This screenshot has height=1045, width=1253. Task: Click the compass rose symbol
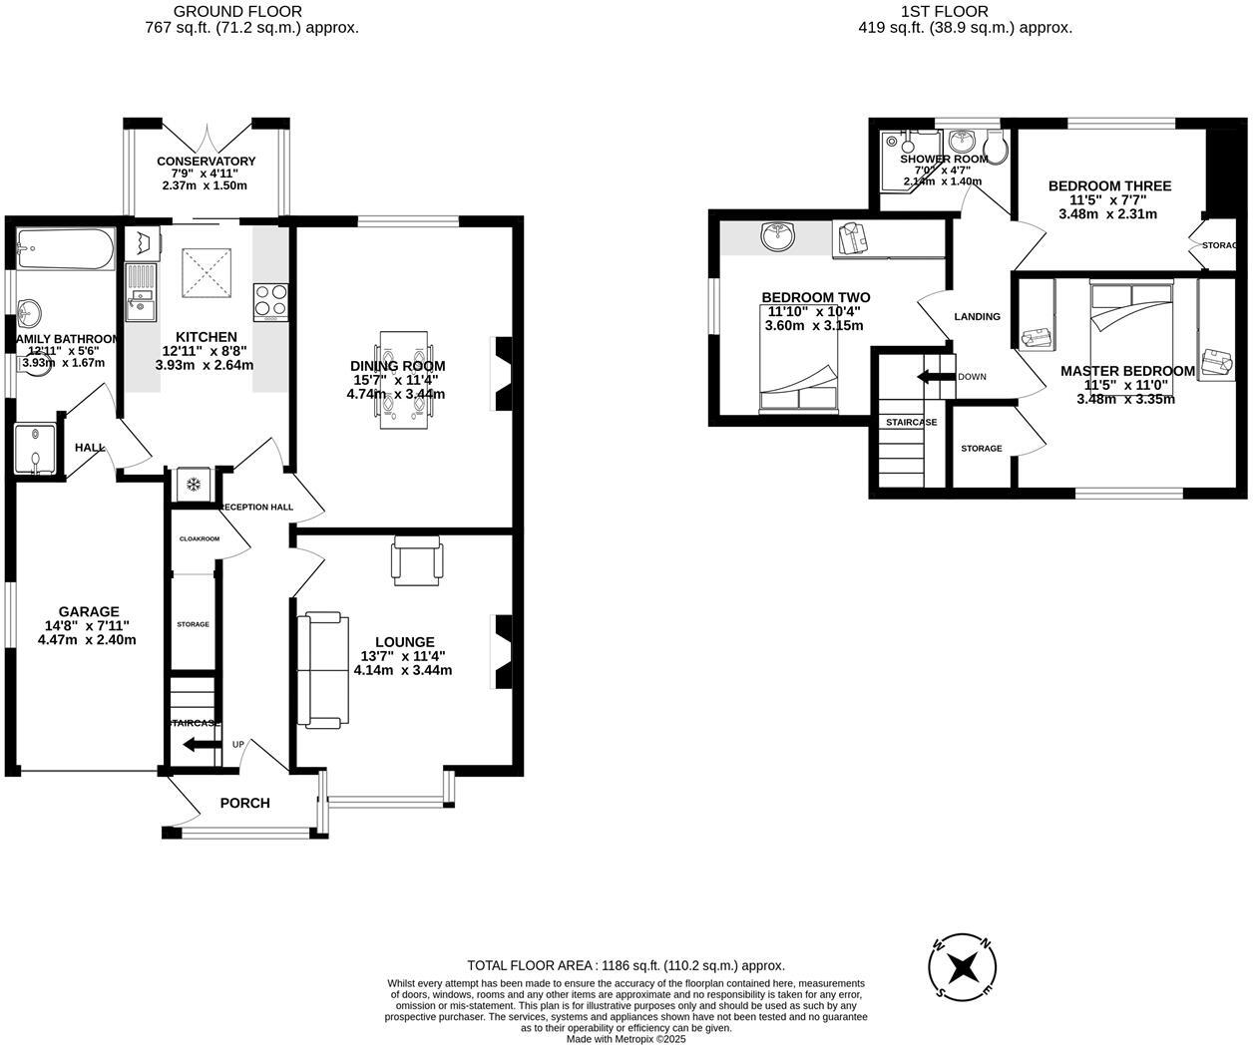(x=963, y=965)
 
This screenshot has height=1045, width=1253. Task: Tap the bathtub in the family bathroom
(x=65, y=250)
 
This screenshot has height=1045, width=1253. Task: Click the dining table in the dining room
(x=405, y=379)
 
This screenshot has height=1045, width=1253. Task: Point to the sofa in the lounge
(x=323, y=669)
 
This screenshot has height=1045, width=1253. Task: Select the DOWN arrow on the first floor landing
(x=936, y=377)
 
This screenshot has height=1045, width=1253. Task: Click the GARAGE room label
(x=89, y=611)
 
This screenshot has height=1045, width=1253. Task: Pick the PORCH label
(x=244, y=803)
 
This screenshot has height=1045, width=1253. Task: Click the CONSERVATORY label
(x=206, y=161)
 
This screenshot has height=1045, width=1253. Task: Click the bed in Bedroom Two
(x=798, y=369)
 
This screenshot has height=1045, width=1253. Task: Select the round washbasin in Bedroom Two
(x=777, y=236)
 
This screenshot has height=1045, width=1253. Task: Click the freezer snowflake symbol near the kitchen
(x=193, y=485)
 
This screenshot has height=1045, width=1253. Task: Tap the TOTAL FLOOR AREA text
(x=626, y=965)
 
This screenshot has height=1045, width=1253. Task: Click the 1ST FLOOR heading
(x=944, y=12)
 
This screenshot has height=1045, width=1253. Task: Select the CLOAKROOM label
(x=199, y=538)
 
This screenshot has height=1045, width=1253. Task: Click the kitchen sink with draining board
(x=140, y=289)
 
